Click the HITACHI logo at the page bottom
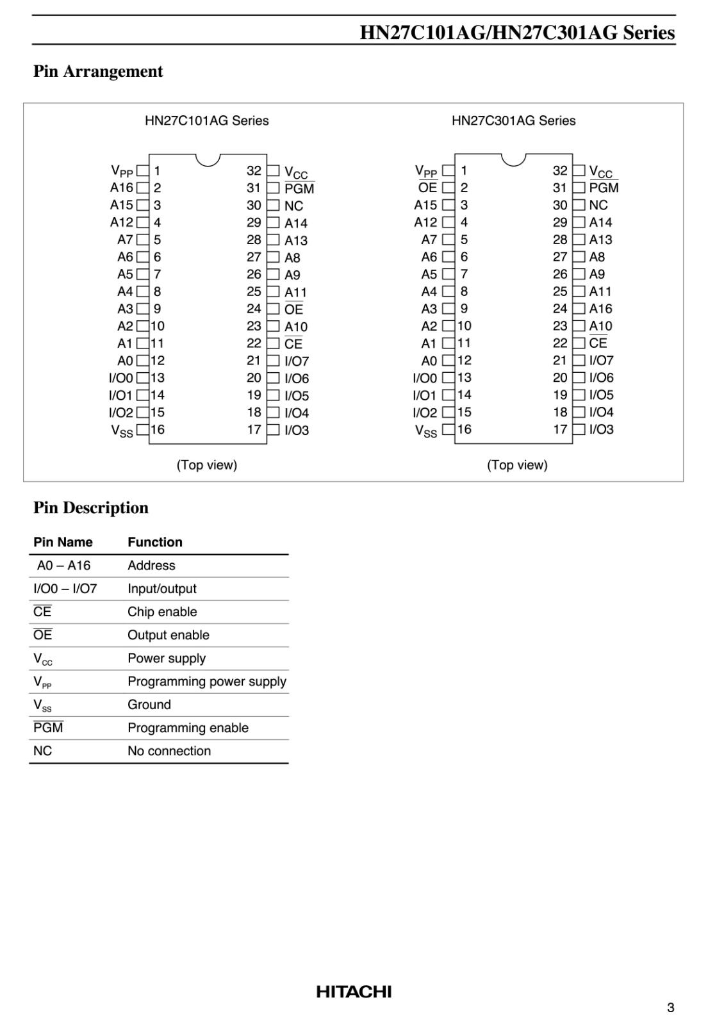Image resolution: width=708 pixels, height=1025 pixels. (x=354, y=992)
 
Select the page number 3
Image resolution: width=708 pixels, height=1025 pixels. (x=670, y=1008)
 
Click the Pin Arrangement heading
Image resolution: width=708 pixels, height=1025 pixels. (x=98, y=71)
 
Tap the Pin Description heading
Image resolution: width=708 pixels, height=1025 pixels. (x=91, y=507)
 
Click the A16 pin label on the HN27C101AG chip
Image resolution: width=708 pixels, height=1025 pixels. (x=122, y=188)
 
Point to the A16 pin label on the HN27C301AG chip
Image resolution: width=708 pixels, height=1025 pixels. (x=600, y=309)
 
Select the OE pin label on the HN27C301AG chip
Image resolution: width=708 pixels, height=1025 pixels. (x=427, y=188)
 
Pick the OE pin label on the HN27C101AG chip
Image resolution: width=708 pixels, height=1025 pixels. (x=294, y=309)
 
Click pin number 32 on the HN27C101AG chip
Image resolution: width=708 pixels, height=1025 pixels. (x=254, y=171)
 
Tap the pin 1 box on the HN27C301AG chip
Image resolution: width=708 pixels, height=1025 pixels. (x=449, y=171)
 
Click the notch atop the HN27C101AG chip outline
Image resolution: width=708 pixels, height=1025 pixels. (x=208, y=158)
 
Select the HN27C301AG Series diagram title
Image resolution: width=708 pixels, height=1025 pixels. (x=513, y=120)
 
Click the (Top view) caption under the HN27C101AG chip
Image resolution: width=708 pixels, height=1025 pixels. (x=207, y=465)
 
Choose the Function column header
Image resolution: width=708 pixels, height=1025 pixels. (x=155, y=542)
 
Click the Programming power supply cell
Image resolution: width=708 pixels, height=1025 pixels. (x=206, y=681)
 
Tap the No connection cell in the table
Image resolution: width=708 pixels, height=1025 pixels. (x=169, y=751)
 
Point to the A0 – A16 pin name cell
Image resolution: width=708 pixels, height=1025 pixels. (x=63, y=566)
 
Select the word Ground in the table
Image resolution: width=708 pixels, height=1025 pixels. (x=149, y=705)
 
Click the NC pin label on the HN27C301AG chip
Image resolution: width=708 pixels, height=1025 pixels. (x=598, y=205)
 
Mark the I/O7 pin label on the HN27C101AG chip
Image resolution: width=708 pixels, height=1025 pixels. (x=297, y=361)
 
